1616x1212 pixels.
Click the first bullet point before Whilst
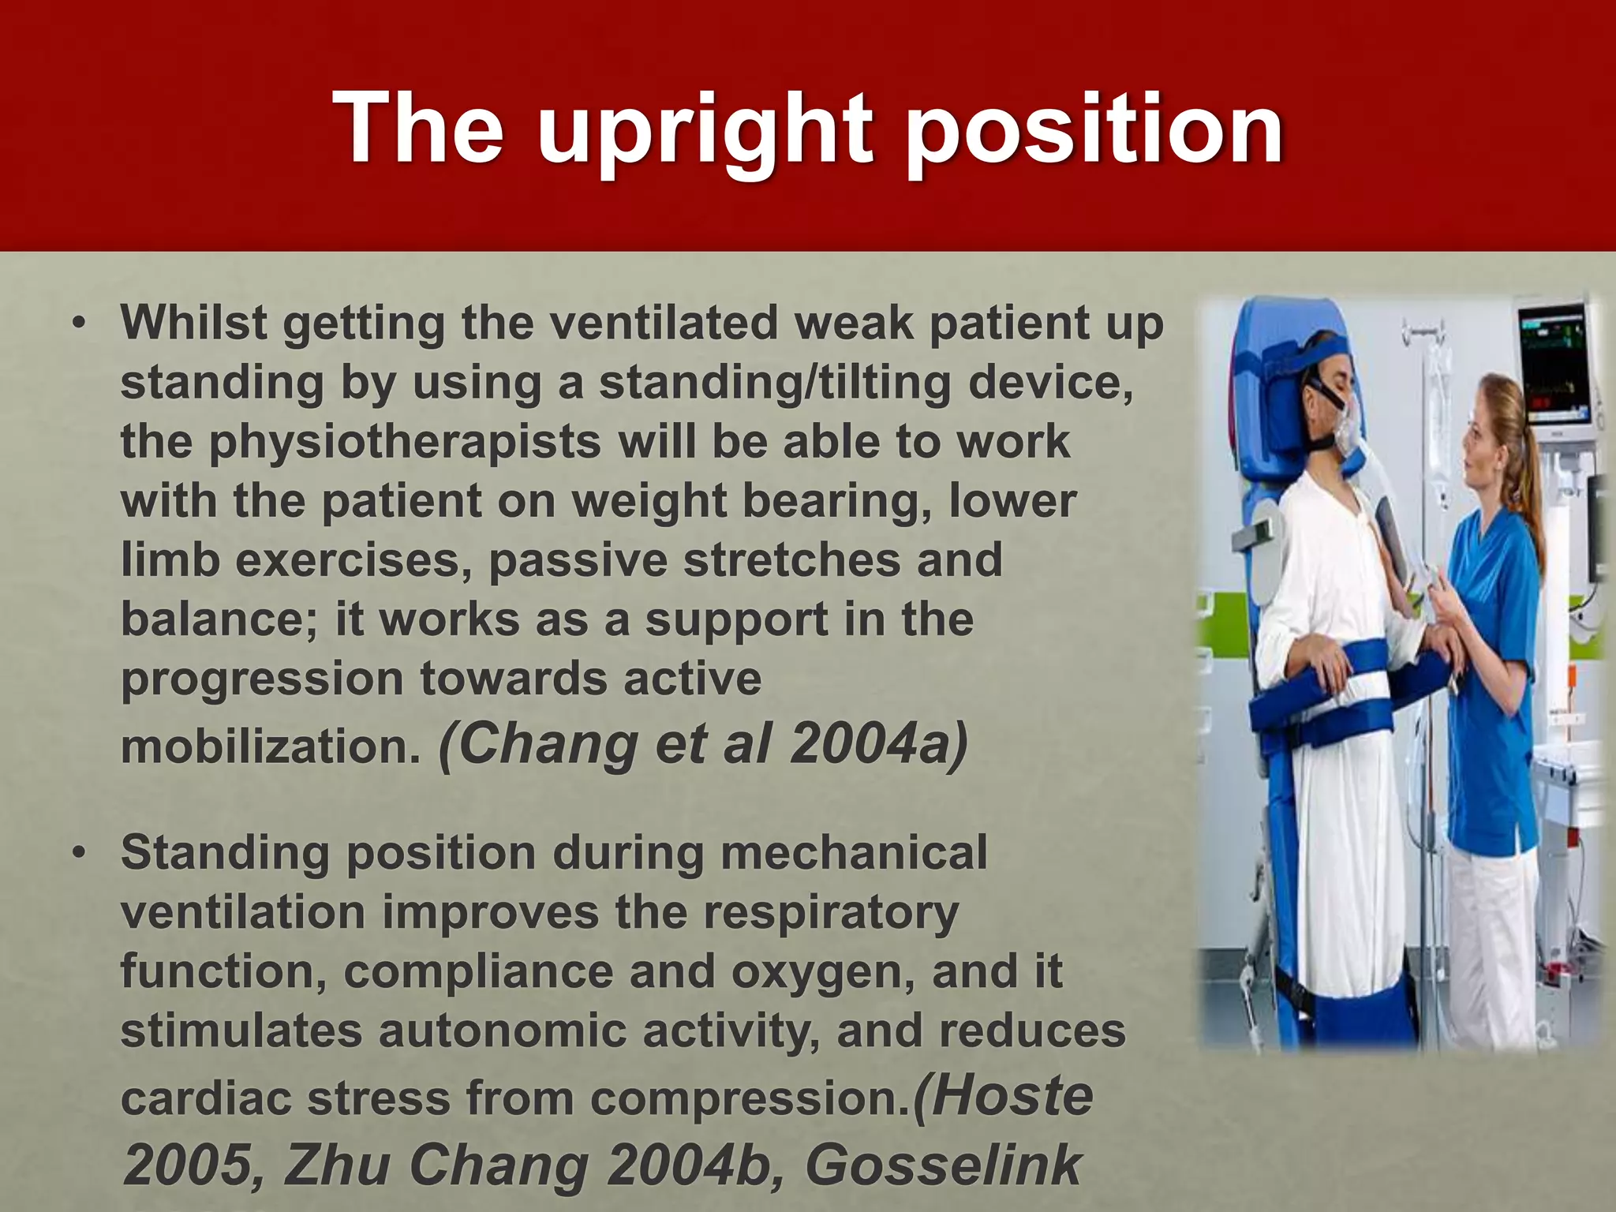(77, 324)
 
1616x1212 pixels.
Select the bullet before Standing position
(77, 854)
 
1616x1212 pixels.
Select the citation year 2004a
(877, 744)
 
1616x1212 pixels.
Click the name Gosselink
(942, 1165)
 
